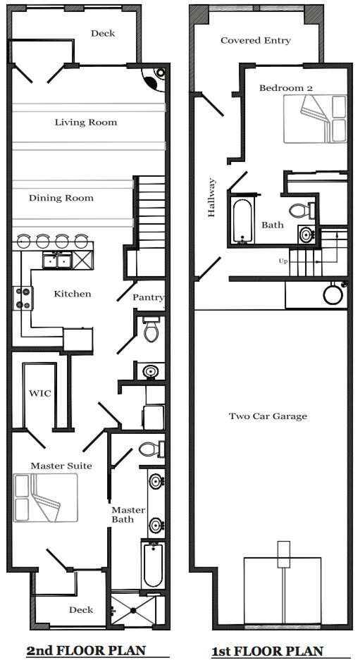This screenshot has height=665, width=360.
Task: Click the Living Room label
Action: pos(86,123)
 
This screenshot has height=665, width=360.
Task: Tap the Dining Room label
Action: pos(61,198)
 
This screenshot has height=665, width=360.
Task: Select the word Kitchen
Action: pos(73,294)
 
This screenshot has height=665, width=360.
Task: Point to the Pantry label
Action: pos(148,297)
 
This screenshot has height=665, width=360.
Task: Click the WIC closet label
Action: pos(40,393)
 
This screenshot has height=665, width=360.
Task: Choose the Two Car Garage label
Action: pos(268,416)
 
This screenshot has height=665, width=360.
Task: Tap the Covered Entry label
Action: pos(256,41)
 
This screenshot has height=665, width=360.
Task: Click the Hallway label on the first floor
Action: pos(211,198)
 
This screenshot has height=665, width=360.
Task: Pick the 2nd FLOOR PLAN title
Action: pos(86,650)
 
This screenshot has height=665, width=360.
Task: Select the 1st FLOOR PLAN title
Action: pos(267,651)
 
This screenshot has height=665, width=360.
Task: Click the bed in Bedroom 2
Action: pos(315,119)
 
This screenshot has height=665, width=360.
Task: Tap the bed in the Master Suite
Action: pos(45,497)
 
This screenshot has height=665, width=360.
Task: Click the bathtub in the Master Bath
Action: pos(153,565)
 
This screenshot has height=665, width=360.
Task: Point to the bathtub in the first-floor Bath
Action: pos(242,221)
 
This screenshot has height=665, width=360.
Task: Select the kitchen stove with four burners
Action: pos(24,298)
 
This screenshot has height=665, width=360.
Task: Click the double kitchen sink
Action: pos(57,261)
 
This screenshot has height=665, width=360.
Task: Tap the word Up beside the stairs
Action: pos(283,261)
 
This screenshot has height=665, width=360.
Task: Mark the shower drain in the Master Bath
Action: pos(133,610)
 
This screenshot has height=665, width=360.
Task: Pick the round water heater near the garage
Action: pos(333,294)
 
